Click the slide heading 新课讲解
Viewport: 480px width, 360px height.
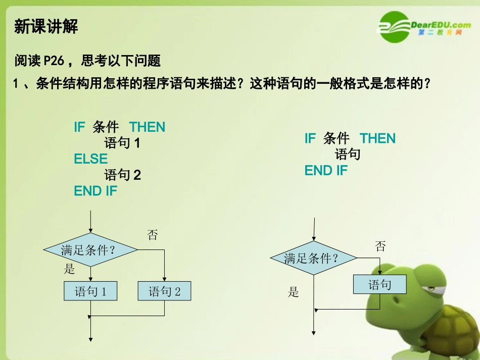(x=46, y=26)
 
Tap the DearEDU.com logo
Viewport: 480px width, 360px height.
(x=424, y=27)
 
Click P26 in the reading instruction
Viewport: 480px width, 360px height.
(x=54, y=61)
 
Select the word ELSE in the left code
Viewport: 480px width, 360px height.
(x=91, y=159)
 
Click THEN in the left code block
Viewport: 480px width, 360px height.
(x=147, y=127)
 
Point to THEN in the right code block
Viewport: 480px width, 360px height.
(x=377, y=139)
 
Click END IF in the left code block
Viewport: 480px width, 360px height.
(x=95, y=191)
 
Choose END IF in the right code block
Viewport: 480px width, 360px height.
(x=326, y=171)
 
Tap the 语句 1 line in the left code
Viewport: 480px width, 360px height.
(x=122, y=143)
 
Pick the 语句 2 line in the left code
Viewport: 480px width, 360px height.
(x=122, y=175)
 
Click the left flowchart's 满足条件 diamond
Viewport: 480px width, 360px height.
(x=90, y=249)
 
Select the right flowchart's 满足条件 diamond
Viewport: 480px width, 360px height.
(x=314, y=259)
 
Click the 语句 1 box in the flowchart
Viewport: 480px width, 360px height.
(x=91, y=291)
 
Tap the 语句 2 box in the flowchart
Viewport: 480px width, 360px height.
(x=165, y=291)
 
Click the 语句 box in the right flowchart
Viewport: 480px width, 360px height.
(x=379, y=285)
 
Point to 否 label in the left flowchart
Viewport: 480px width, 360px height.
(x=152, y=235)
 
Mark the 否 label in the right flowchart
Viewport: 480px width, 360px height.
(x=380, y=246)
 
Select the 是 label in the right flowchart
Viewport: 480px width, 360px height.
(x=294, y=292)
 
